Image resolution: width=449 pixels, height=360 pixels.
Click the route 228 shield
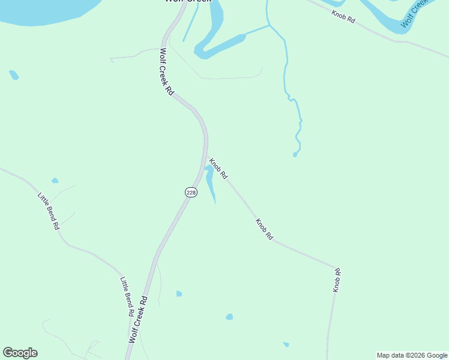click(x=191, y=192)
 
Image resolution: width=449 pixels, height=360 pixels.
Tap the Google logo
click(x=20, y=353)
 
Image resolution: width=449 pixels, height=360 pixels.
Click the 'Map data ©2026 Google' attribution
click(x=412, y=355)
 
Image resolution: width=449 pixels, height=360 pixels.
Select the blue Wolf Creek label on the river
click(x=416, y=13)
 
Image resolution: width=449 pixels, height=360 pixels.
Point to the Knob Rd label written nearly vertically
click(x=337, y=281)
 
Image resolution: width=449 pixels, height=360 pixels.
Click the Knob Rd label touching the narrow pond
click(x=218, y=169)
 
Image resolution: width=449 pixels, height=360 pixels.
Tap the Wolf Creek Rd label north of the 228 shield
click(x=166, y=72)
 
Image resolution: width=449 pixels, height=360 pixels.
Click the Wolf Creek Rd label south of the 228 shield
click(x=138, y=319)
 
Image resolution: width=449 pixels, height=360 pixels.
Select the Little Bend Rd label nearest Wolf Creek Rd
click(x=127, y=296)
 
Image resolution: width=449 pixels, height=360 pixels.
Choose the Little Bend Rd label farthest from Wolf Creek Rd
click(x=49, y=211)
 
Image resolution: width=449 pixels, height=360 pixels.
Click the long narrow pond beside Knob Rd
click(x=211, y=183)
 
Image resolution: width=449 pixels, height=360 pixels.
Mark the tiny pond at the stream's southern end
click(x=295, y=155)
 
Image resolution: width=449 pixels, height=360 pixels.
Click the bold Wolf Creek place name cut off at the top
click(x=188, y=2)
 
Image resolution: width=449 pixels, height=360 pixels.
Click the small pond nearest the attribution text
click(x=286, y=344)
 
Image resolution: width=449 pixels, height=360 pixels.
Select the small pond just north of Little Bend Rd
click(x=55, y=181)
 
